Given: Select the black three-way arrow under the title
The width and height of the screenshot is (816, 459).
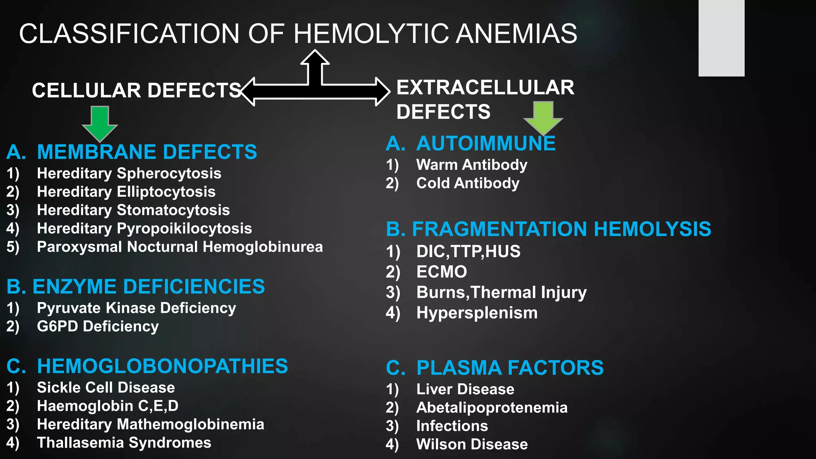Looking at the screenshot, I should [315, 86].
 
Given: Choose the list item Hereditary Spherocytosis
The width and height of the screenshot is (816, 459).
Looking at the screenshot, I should [129, 174].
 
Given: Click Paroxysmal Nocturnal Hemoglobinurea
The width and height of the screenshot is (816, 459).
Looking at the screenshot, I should [180, 247].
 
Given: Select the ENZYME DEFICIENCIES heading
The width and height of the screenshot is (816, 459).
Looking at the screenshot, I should [148, 287].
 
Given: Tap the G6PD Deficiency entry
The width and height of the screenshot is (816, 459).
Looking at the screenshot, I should [98, 327].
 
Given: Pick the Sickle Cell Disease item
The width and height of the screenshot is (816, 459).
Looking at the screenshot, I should [106, 388].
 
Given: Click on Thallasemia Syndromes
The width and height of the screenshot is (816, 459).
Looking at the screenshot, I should [124, 443].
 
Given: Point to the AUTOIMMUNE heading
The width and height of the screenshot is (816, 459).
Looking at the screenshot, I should [486, 144].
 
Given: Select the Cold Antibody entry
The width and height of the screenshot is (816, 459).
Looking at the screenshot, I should [468, 183].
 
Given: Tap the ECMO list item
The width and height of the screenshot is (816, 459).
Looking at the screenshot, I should [441, 272].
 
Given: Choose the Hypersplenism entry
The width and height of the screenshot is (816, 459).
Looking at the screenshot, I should [477, 313].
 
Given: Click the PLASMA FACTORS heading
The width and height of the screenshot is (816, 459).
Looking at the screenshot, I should [510, 368].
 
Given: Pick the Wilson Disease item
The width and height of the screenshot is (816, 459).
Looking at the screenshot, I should [472, 445].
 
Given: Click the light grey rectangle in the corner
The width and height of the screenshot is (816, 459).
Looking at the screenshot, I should [721, 38].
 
